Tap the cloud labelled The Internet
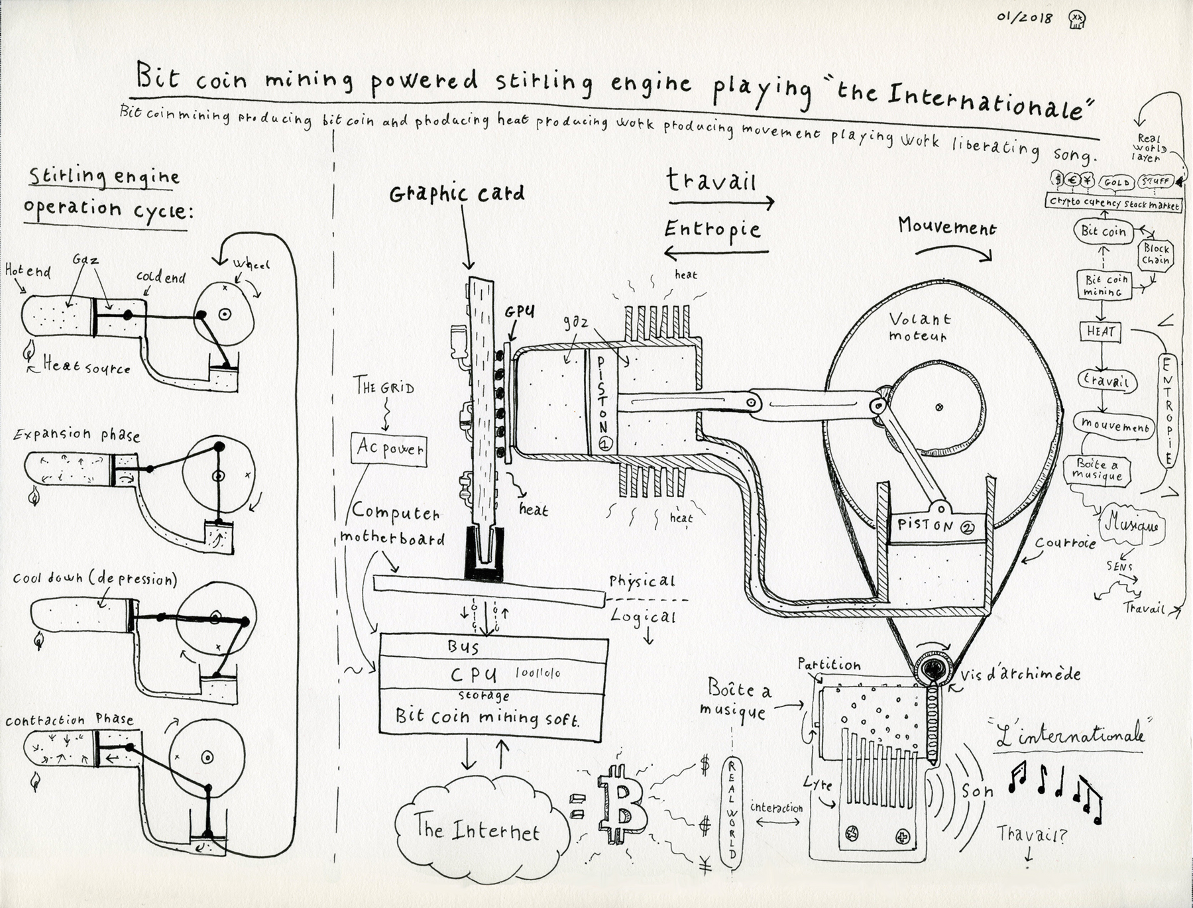coord(477,829)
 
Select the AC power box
coord(389,449)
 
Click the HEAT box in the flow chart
coord(1101,331)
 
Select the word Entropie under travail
coord(712,229)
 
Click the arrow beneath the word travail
coord(721,202)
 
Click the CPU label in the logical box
coord(473,675)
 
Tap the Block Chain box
coord(1156,255)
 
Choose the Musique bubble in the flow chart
coord(1131,526)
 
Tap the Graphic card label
coord(457,194)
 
